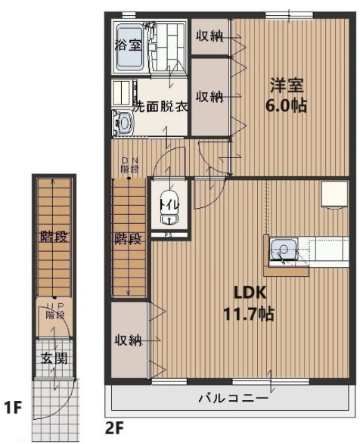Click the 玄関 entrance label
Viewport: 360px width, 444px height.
tap(54, 358)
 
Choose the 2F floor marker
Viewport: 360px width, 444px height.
tap(114, 429)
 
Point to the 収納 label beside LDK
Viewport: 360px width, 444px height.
tap(130, 340)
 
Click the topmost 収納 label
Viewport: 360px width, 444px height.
tap(209, 36)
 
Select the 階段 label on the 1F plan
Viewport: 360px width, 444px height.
tap(54, 237)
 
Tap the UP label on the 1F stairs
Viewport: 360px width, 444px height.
tap(54, 306)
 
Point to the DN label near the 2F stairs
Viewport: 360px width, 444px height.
tap(130, 160)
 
